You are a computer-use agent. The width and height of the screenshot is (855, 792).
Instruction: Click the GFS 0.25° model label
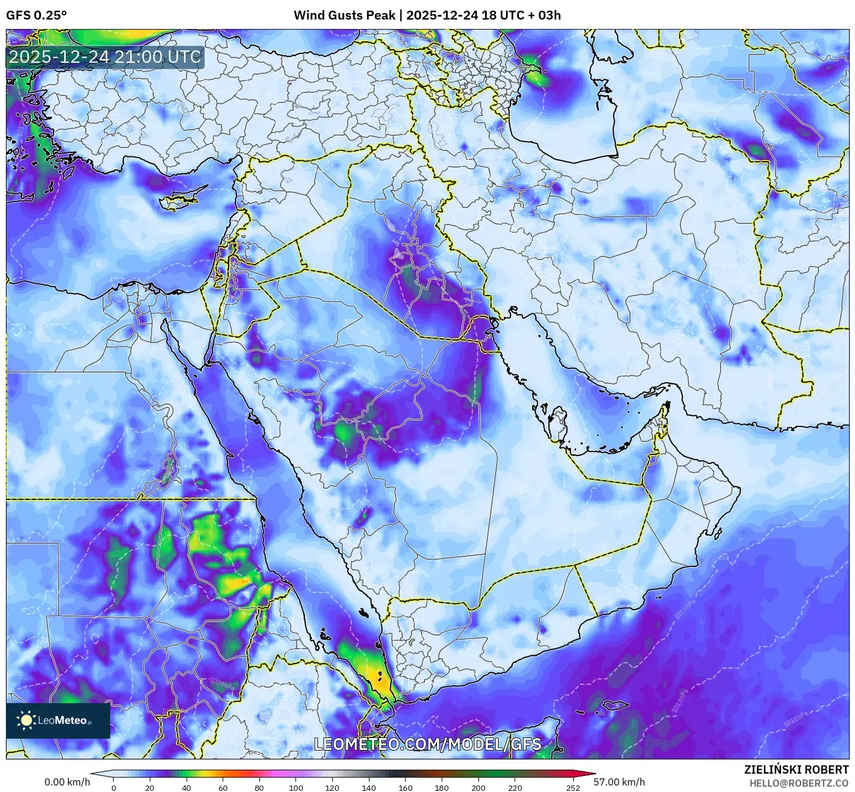pyautogui.click(x=36, y=15)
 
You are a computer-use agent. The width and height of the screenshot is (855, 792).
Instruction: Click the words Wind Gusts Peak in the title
pyautogui.click(x=344, y=15)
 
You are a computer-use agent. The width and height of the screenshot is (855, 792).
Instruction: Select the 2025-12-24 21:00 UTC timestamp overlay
pyautogui.click(x=105, y=57)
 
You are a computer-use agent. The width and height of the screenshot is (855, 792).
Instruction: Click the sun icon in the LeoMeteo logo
pyautogui.click(x=26, y=720)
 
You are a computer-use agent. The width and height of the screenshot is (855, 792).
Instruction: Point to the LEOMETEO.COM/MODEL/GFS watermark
pyautogui.click(x=427, y=744)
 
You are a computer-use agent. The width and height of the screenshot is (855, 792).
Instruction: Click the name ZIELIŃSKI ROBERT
pyautogui.click(x=796, y=769)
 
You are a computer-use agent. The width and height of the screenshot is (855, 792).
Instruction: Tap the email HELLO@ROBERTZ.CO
pyautogui.click(x=799, y=783)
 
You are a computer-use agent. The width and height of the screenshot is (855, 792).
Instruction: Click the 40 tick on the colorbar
pyautogui.click(x=187, y=787)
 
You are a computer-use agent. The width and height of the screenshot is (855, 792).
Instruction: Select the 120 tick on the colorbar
pyautogui.click(x=332, y=787)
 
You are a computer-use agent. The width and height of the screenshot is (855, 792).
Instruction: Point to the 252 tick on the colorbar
pyautogui.click(x=573, y=787)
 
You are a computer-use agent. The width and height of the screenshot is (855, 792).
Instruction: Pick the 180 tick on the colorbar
pyautogui.click(x=442, y=787)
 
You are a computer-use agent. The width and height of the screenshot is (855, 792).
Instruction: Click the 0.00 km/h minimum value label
pyautogui.click(x=67, y=782)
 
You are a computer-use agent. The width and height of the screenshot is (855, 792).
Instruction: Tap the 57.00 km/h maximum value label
pyautogui.click(x=619, y=782)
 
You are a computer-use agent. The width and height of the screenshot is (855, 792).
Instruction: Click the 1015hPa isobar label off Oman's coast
pyautogui.click(x=683, y=610)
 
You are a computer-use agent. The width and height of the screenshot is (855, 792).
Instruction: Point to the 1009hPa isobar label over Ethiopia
pyautogui.click(x=222, y=683)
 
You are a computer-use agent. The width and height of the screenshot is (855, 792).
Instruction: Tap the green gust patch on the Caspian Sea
pyautogui.click(x=536, y=77)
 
